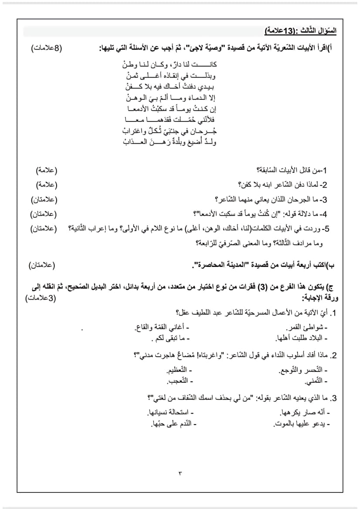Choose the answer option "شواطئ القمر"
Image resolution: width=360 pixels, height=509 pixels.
[x=306, y=327]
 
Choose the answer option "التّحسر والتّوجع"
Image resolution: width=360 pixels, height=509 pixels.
[x=303, y=371]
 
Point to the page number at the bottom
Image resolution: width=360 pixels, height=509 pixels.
[x=179, y=472]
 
